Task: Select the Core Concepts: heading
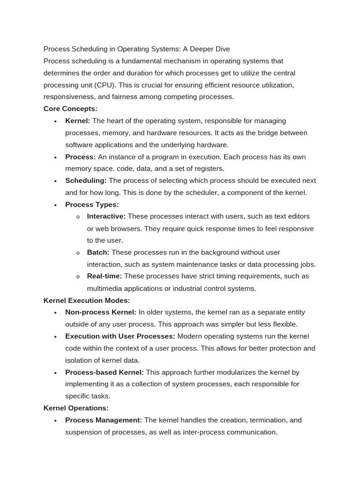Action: pos(70,109)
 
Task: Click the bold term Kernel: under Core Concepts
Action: pos(78,121)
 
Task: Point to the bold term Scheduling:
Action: pos(86,180)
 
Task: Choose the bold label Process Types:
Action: pos(92,204)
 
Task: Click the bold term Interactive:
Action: pos(106,217)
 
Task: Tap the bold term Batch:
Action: pos(98,252)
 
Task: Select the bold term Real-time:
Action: pos(105,276)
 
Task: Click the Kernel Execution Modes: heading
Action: pos(87,300)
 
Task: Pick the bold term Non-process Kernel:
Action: pos(101,312)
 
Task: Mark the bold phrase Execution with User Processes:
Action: pos(120,336)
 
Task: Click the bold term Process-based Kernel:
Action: pos(105,372)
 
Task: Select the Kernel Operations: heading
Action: pos(76,408)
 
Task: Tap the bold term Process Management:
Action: pos(104,420)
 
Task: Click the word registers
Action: pos(210,169)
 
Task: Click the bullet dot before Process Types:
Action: pos(55,205)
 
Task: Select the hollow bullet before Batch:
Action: pos(78,253)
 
